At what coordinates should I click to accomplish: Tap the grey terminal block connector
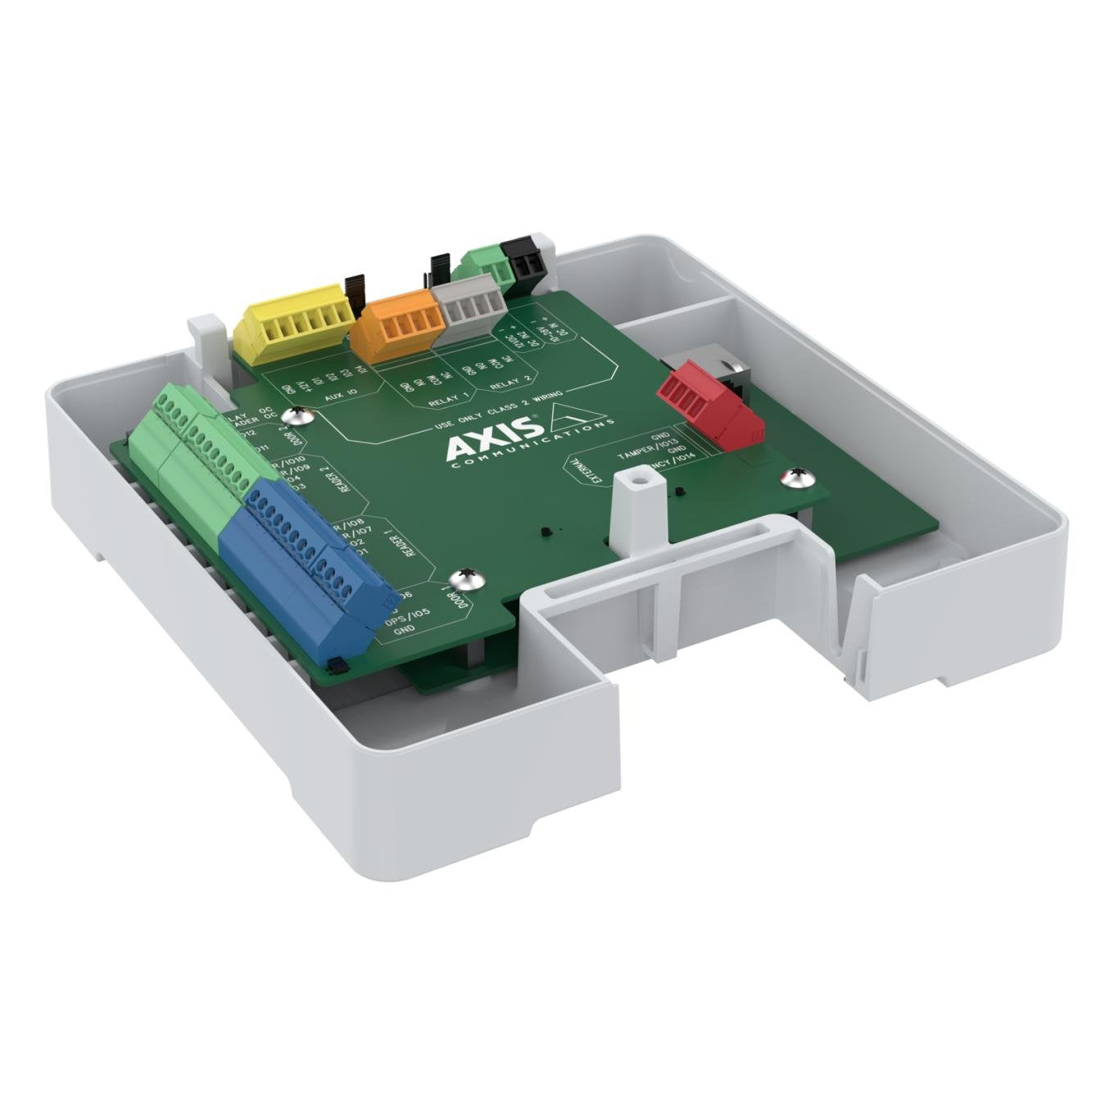click(470, 311)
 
